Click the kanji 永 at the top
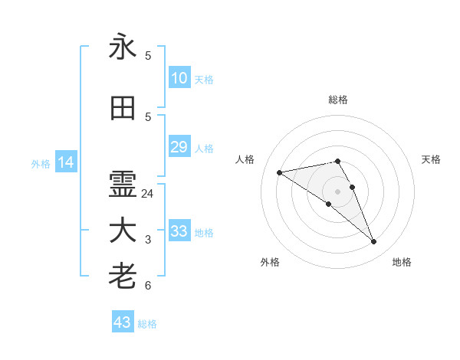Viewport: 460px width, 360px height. [x=123, y=47]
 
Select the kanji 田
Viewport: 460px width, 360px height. [x=123, y=108]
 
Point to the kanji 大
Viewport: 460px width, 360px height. [x=123, y=231]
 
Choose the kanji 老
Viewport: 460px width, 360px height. [x=123, y=277]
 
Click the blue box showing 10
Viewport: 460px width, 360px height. [x=179, y=78]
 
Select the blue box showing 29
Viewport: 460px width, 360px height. [x=179, y=147]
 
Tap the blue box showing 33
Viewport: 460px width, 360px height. [x=179, y=231]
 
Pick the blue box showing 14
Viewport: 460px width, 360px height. [x=65, y=162]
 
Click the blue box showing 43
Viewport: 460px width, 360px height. [x=123, y=322]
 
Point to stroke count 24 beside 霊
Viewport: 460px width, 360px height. [x=148, y=194]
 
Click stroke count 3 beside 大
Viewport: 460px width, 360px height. [x=148, y=240]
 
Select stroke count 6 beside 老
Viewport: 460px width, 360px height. [x=148, y=286]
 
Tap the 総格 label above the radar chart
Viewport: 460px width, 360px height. [x=338, y=100]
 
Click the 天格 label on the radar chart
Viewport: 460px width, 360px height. [x=431, y=159]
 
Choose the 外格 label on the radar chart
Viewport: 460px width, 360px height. [x=270, y=262]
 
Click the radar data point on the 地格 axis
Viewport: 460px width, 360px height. [x=374, y=242]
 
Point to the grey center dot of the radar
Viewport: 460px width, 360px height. [x=337, y=191]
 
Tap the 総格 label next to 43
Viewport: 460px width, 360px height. [x=147, y=324]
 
